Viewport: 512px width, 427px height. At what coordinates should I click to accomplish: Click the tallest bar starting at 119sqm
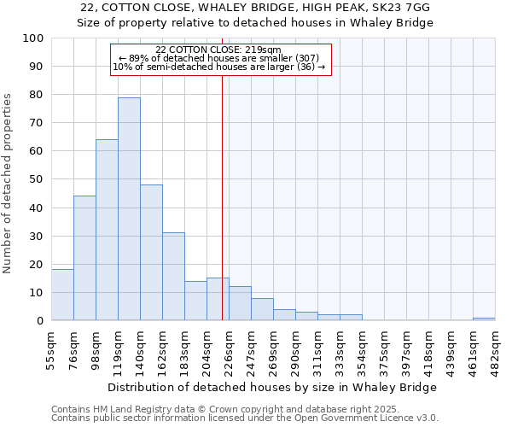129,209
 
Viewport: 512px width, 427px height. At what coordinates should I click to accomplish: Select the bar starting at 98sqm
107,231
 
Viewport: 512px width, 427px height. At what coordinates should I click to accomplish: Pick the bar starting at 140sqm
151,253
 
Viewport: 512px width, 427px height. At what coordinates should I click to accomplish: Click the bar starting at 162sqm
173,277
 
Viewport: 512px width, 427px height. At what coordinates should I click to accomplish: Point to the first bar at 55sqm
62,295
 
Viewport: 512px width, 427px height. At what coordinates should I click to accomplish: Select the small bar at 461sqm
484,319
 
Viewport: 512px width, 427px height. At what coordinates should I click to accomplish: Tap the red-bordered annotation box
220,59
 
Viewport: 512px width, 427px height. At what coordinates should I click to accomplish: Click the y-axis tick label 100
33,38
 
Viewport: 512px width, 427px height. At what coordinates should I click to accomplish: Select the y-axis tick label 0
40,321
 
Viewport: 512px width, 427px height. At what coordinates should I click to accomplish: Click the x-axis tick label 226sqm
229,348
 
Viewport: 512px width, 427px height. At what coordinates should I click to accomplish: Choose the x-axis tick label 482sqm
495,348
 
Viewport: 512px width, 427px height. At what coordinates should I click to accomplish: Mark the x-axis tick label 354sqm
362,348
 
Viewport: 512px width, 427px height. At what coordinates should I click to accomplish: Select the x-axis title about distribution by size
273,387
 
